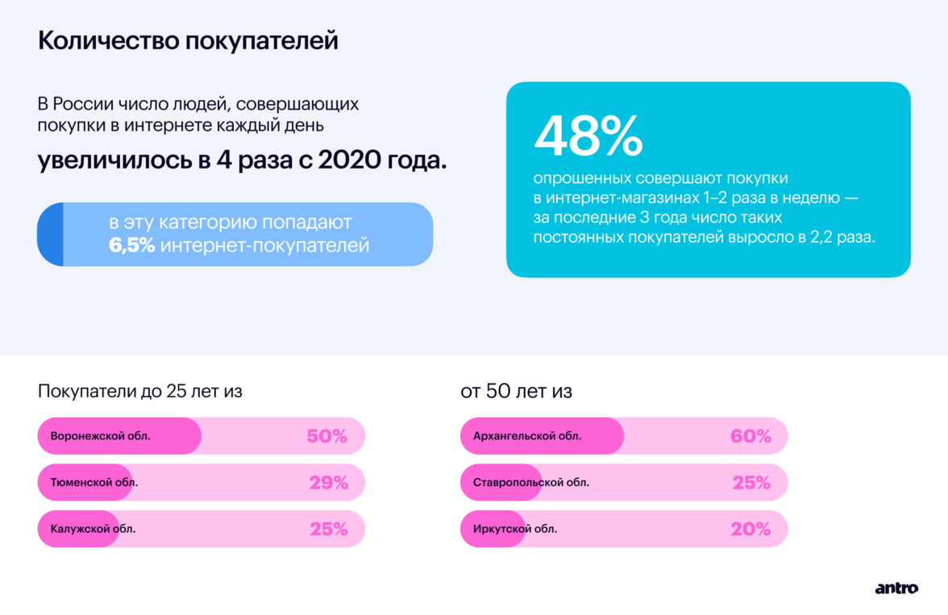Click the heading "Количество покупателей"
click(x=188, y=42)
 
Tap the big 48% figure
click(x=588, y=136)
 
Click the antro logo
click(x=896, y=588)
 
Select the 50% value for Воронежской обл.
click(x=326, y=437)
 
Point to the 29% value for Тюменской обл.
click(x=328, y=483)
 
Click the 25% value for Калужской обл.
click(x=328, y=530)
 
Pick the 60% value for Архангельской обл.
click(x=750, y=437)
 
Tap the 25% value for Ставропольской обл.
click(x=751, y=483)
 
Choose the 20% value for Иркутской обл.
click(x=750, y=530)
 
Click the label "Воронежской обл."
click(x=101, y=437)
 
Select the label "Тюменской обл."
click(x=94, y=483)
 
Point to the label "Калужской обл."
click(x=93, y=530)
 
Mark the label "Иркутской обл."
click(x=515, y=530)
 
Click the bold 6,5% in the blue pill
click(x=131, y=246)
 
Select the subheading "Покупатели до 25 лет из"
click(x=140, y=392)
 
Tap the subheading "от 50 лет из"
click(x=516, y=392)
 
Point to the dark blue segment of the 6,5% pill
click(x=50, y=234)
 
